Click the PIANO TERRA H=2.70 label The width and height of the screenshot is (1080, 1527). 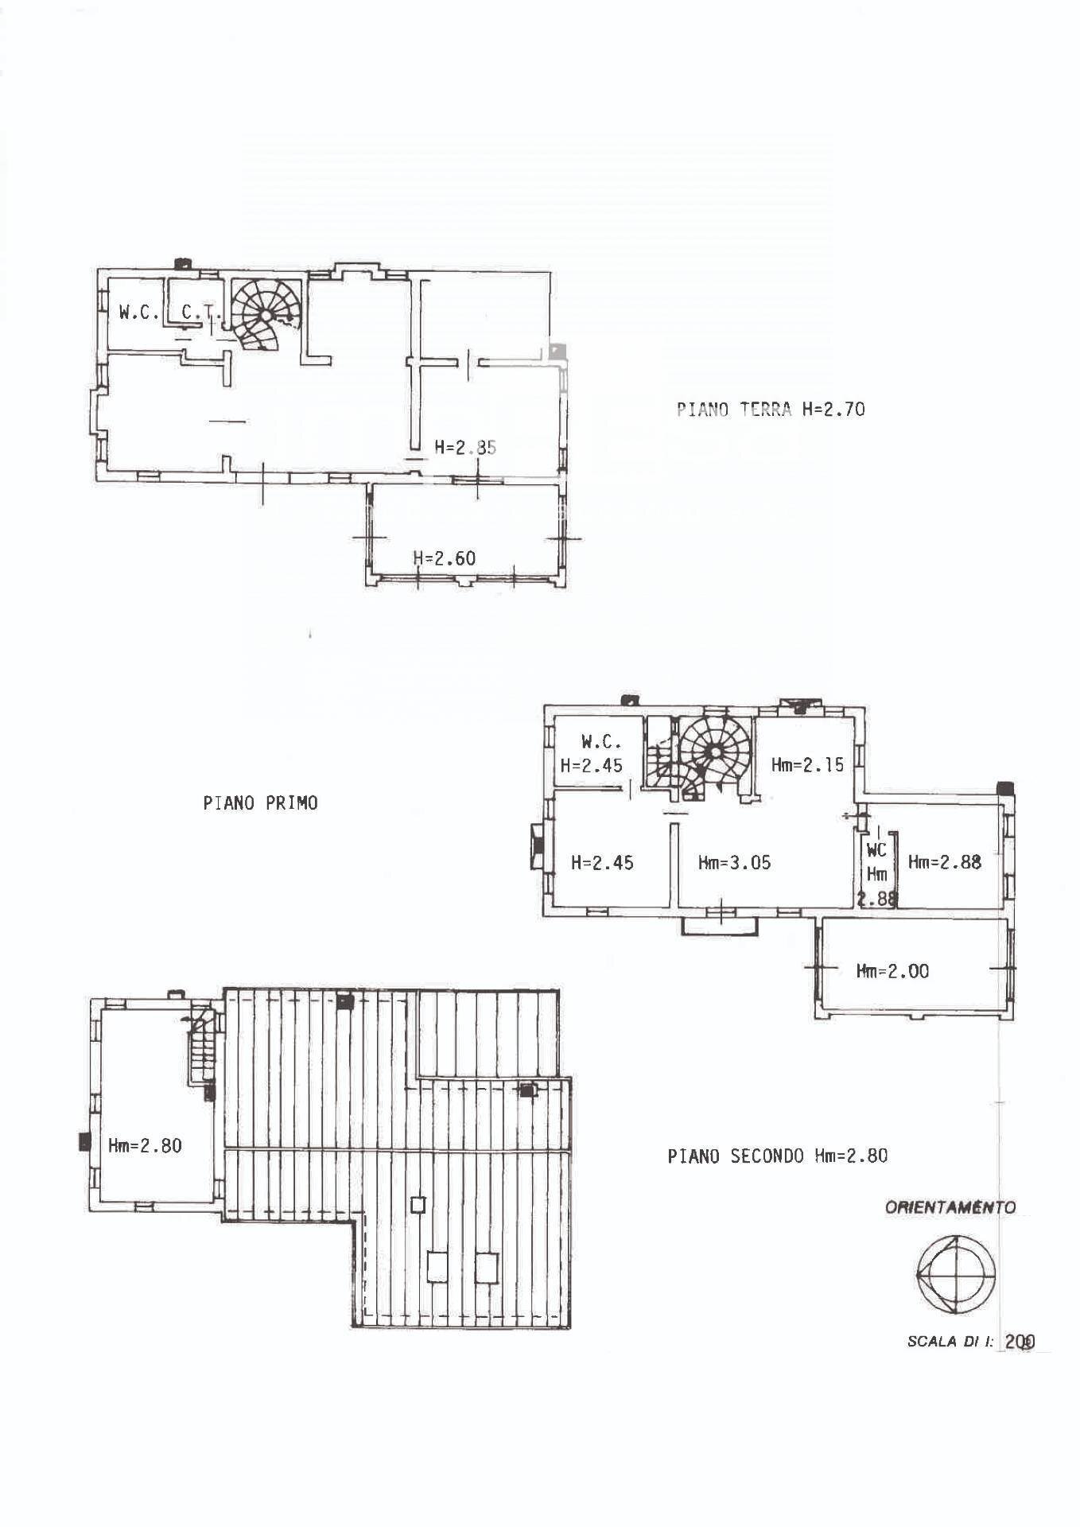click(x=770, y=410)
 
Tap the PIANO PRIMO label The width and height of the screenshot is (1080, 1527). click(x=260, y=803)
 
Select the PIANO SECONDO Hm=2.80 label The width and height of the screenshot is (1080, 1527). click(x=777, y=1156)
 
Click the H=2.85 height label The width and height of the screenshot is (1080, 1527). click(x=465, y=447)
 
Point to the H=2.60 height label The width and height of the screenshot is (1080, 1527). click(x=444, y=558)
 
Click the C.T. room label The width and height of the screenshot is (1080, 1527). click(x=200, y=313)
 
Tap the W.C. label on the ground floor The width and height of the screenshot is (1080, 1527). click(x=138, y=313)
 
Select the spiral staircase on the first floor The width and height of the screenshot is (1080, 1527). click(x=714, y=752)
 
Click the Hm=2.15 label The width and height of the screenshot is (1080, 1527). click(x=807, y=765)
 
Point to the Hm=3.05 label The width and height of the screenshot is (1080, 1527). click(x=734, y=863)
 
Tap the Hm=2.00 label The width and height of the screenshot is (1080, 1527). click(x=892, y=971)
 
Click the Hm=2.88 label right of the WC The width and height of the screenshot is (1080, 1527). click(x=944, y=862)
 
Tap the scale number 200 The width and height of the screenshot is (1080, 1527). click(x=1020, y=1342)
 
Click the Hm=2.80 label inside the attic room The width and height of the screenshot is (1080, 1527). click(x=145, y=1146)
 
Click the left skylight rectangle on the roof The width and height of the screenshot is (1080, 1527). click(x=437, y=1267)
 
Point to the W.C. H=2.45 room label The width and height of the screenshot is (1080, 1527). click(x=592, y=753)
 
